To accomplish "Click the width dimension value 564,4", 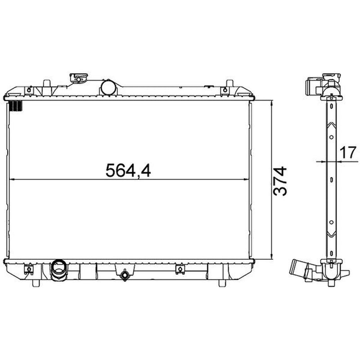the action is point(128,171).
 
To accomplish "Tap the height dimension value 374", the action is point(280,181).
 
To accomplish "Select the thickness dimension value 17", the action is point(348,152).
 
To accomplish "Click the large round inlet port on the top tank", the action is point(109,87).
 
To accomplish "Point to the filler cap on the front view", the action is point(78,77).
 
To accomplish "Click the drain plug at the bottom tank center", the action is point(125,275).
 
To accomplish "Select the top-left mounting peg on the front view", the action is point(47,84).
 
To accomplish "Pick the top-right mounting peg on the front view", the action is point(229,84).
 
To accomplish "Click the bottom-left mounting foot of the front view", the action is point(36,283).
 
